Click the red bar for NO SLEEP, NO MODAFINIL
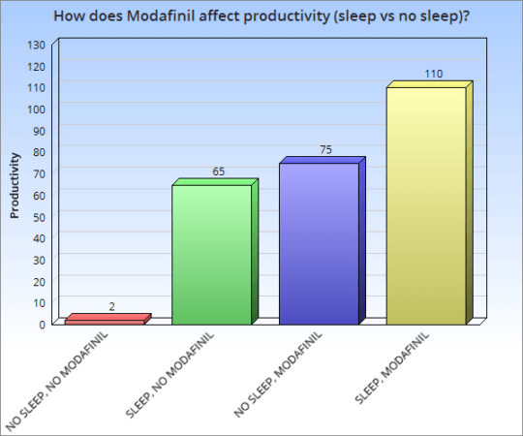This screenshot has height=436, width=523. [104, 321]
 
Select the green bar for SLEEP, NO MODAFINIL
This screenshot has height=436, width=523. [211, 254]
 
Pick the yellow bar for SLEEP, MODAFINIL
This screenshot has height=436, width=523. [426, 205]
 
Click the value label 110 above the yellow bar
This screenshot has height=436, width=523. [433, 74]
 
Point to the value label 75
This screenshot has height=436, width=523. [325, 150]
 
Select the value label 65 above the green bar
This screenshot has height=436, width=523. [219, 171]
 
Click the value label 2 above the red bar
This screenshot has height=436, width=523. [111, 307]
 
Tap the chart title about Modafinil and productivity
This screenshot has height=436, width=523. [261, 16]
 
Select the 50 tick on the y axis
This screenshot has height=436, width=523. [40, 216]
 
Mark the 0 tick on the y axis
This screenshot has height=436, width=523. [43, 324]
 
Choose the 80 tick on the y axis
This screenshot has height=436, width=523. [40, 152]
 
